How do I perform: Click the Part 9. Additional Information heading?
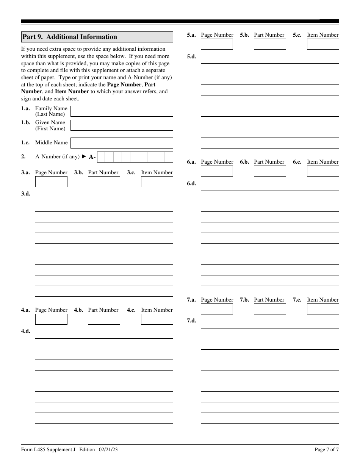click(x=70, y=37)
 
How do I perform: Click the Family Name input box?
click(x=122, y=111)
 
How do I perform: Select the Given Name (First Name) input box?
click(x=122, y=125)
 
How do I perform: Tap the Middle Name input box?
click(x=122, y=143)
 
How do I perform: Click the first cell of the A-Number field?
click(x=101, y=157)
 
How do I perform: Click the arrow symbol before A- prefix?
click(x=84, y=156)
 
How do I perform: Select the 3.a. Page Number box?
click(x=51, y=181)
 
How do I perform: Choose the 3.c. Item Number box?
click(x=157, y=181)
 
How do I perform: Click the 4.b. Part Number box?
click(x=104, y=319)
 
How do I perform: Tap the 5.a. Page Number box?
click(x=217, y=44)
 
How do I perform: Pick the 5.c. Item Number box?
click(x=323, y=44)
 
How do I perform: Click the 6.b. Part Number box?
click(x=270, y=171)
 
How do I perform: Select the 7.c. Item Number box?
click(x=323, y=309)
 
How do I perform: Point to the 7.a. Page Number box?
click(x=217, y=309)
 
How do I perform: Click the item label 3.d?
click(x=25, y=194)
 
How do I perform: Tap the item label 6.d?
click(x=191, y=183)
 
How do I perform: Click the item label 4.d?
click(x=25, y=331)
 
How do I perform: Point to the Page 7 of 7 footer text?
click(x=326, y=450)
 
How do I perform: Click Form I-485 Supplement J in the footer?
click(x=48, y=450)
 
